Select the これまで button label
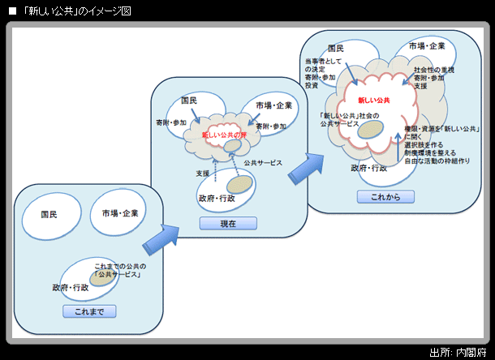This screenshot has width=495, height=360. click(89, 311)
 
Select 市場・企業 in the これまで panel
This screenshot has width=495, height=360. click(119, 213)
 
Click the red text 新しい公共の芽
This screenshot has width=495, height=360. click(225, 134)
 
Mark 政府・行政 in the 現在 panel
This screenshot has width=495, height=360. click(217, 198)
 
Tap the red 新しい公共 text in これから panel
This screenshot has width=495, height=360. click(374, 100)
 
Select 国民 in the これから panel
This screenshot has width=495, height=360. click(336, 49)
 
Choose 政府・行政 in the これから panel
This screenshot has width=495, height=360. click(368, 168)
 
